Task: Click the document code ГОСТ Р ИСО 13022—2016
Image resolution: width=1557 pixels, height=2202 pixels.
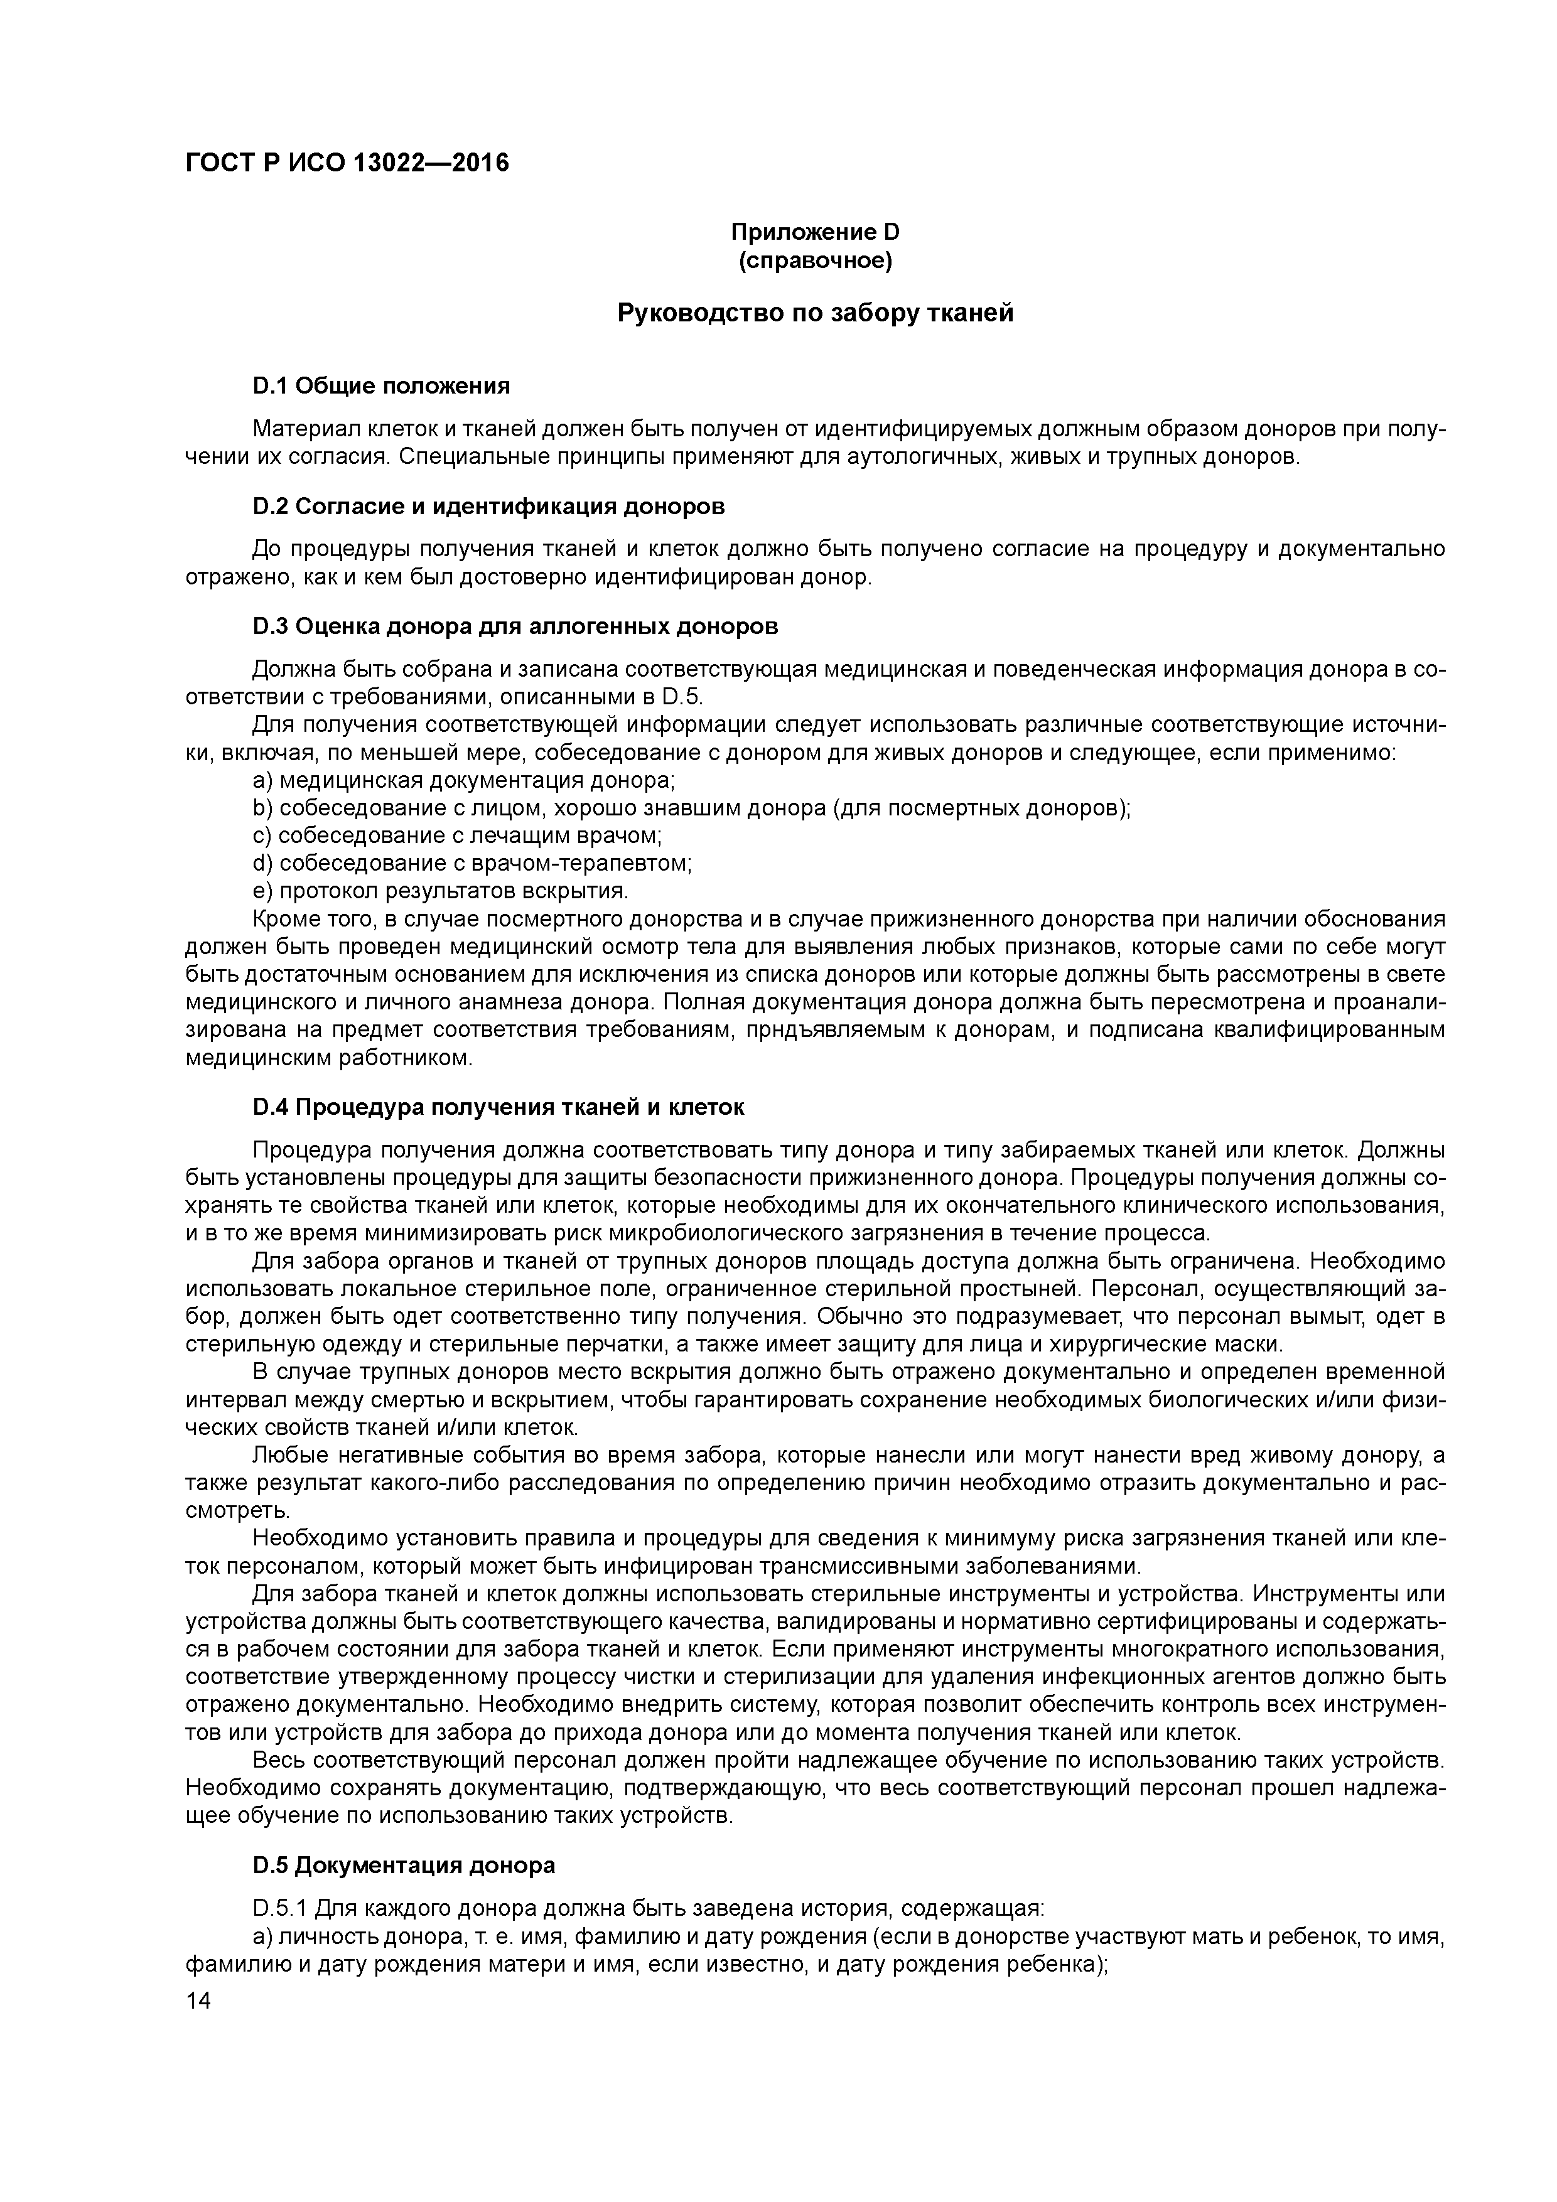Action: pyautogui.click(x=347, y=164)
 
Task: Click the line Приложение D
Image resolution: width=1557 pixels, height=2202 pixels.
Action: pyautogui.click(x=816, y=232)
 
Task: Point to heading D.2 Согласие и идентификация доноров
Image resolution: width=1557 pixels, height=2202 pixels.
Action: pyautogui.click(x=488, y=505)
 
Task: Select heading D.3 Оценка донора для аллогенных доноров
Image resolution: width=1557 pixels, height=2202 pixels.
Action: pyautogui.click(x=515, y=626)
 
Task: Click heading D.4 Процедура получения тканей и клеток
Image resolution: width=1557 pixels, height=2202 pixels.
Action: pyautogui.click(x=498, y=1107)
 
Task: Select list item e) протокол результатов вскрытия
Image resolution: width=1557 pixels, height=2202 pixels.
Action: pyautogui.click(x=440, y=891)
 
